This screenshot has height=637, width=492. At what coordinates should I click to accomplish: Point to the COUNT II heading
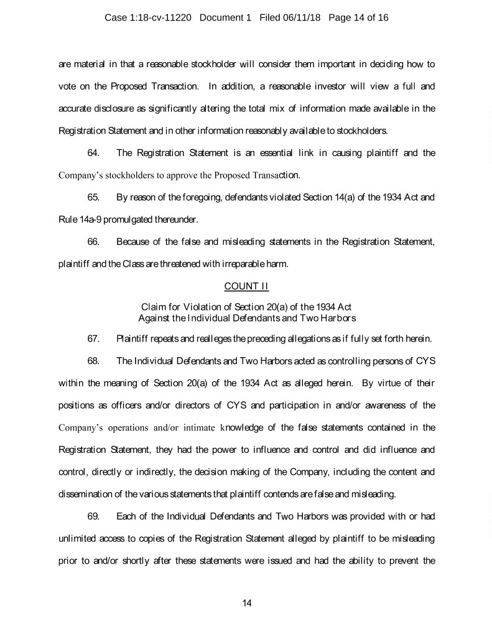pyautogui.click(x=246, y=286)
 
